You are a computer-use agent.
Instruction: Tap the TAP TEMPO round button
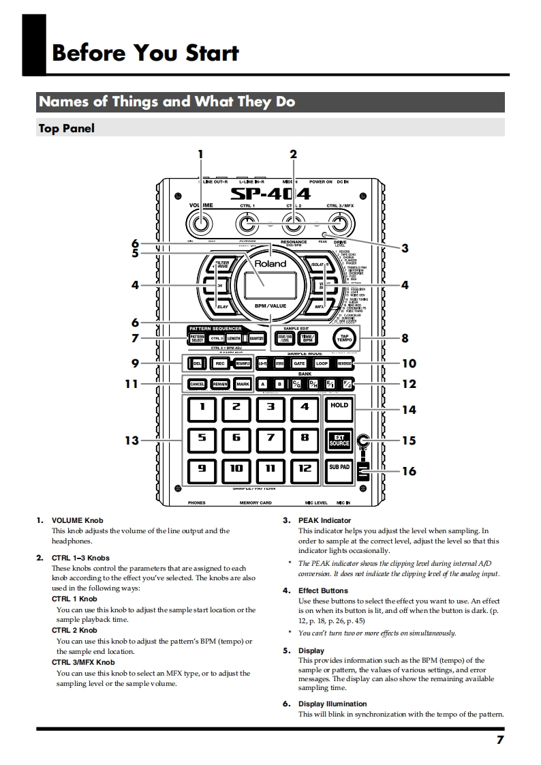(345, 337)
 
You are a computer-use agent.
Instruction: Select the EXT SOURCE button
(339, 440)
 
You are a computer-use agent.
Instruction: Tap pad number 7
(270, 438)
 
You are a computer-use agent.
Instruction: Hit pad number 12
(305, 469)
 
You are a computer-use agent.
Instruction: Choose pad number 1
(202, 407)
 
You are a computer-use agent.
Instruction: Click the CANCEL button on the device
(198, 385)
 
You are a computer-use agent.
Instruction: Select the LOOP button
(321, 364)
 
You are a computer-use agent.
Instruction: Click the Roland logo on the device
(270, 264)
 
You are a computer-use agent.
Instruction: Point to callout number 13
(132, 440)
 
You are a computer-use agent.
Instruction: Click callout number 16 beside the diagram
(409, 471)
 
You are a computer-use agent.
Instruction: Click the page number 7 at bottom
(499, 740)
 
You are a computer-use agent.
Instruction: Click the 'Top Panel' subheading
(67, 128)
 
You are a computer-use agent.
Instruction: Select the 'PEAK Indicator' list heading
(324, 520)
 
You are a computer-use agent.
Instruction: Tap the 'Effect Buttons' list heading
(323, 590)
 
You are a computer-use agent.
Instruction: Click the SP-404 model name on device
(270, 195)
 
